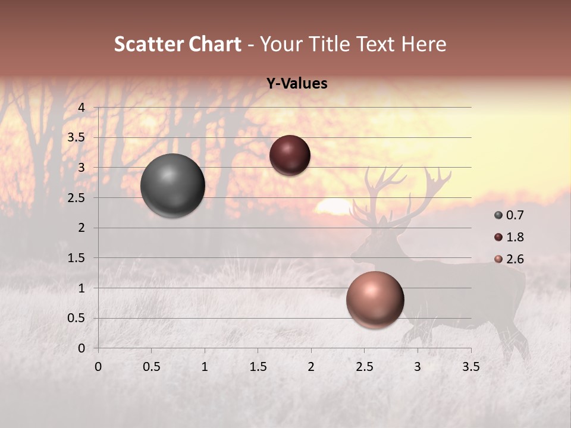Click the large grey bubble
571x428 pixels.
pyautogui.click(x=172, y=185)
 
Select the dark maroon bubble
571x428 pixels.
pyautogui.click(x=290, y=155)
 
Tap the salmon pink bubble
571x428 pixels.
pyautogui.click(x=375, y=300)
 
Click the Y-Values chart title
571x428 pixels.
pyautogui.click(x=297, y=84)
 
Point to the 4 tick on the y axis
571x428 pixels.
pyautogui.click(x=82, y=107)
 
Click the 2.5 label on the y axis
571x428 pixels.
pyautogui.click(x=76, y=197)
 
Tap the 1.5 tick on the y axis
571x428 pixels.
pyautogui.click(x=76, y=258)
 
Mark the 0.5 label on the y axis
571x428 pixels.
pyautogui.click(x=76, y=318)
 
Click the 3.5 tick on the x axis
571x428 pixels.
pyautogui.click(x=470, y=367)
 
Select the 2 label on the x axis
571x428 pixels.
pyautogui.click(x=310, y=367)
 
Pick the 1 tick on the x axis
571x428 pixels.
pyautogui.click(x=205, y=367)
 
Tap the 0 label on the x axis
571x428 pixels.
pyautogui.click(x=98, y=367)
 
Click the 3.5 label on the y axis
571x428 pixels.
pyautogui.click(x=76, y=137)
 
